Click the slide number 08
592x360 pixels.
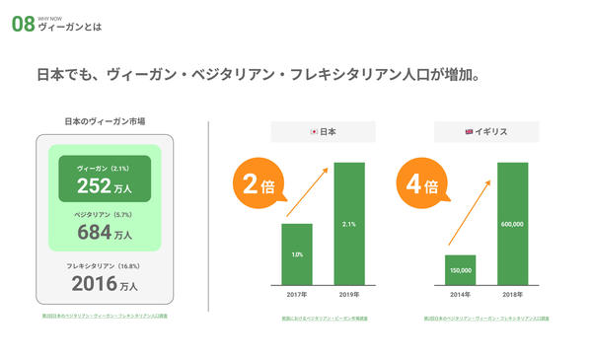(23, 25)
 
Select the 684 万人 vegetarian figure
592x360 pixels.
(105, 232)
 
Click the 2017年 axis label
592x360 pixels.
(297, 293)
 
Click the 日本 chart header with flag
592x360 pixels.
(324, 131)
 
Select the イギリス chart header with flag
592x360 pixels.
(486, 131)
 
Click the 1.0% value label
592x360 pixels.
(297, 255)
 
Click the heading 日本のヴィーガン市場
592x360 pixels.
(105, 121)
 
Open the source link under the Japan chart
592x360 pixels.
(325, 320)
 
